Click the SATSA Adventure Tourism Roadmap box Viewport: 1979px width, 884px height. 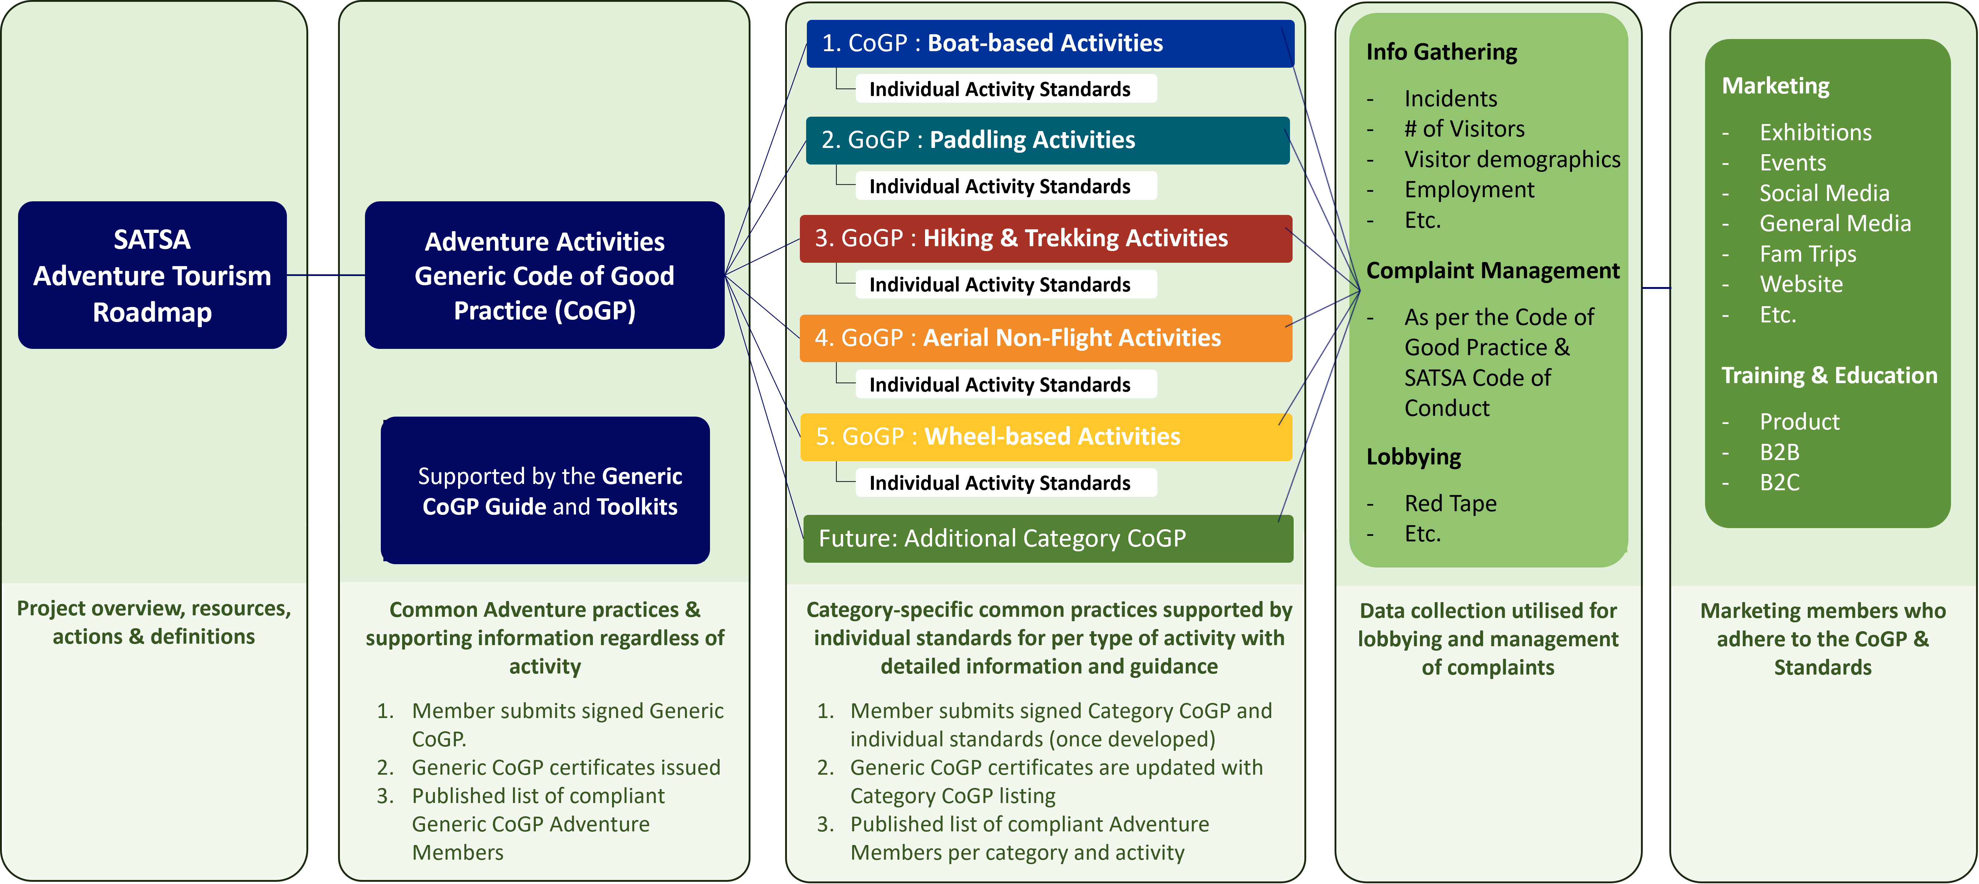(152, 275)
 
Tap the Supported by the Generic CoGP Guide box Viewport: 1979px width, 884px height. (545, 491)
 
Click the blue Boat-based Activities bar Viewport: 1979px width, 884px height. (1050, 43)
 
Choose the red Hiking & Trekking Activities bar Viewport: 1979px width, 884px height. (1045, 238)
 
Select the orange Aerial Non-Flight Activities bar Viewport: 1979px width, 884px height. (1045, 338)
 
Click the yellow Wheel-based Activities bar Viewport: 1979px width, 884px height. (1045, 436)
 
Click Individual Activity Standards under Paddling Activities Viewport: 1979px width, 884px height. (999, 186)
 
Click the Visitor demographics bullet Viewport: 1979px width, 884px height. (1512, 159)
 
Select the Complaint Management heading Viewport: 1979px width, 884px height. (1492, 270)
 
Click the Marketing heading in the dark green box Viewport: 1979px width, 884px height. (1775, 85)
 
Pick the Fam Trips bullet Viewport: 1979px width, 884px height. (1808, 254)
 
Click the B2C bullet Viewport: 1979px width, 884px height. (1779, 482)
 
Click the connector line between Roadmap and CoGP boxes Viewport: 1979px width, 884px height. (326, 275)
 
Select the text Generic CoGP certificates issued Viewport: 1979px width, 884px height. (565, 767)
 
